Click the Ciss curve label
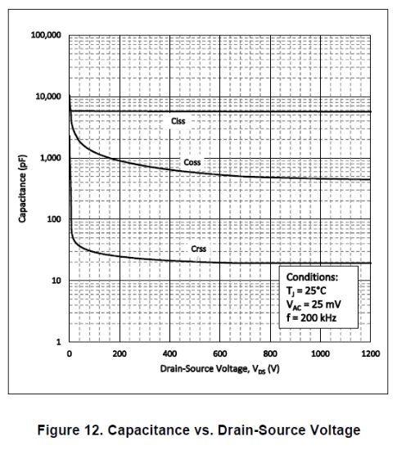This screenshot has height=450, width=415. (178, 121)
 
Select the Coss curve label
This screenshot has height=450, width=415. (192, 162)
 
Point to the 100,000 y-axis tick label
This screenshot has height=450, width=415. (46, 35)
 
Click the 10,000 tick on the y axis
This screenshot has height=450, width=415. (48, 97)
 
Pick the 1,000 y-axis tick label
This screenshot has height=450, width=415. (51, 158)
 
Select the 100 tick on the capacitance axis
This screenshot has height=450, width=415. (55, 219)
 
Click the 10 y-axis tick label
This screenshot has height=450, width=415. (57, 281)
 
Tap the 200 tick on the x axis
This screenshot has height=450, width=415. (120, 354)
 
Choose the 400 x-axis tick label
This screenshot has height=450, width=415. (169, 354)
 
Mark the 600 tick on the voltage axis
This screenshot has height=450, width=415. (219, 354)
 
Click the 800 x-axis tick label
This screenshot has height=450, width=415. (270, 354)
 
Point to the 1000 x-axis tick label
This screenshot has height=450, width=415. (320, 354)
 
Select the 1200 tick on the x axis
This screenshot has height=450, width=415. (370, 354)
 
